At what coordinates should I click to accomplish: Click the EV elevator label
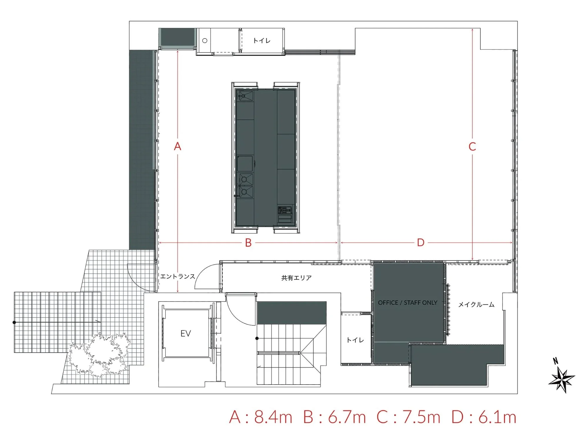coord(186,333)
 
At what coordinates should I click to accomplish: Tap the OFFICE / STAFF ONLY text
coord(407,303)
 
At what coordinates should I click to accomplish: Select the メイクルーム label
coord(476,305)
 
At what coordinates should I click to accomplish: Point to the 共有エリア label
coord(296,278)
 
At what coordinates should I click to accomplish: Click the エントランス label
coord(178,276)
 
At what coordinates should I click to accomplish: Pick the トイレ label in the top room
coord(262,41)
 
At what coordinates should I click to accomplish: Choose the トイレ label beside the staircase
coord(355,340)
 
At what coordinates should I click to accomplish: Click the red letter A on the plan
coord(178,146)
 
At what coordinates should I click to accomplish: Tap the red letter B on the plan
coord(248,243)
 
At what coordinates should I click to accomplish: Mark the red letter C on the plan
coord(472,146)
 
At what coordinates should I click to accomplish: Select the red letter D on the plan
coord(421,243)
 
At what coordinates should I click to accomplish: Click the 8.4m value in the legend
coord(273,417)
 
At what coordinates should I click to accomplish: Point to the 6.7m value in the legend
coord(347,417)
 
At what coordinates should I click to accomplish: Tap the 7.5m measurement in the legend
coord(421,417)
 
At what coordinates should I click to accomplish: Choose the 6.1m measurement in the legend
coord(497,417)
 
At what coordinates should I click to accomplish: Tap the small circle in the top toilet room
coord(205,41)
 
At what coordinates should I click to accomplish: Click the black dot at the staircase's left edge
coord(257,338)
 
